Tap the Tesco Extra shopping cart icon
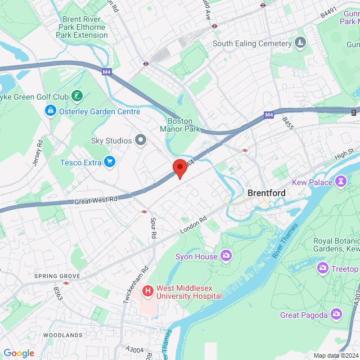(110, 163)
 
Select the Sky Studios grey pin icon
(140, 140)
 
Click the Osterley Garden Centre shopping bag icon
(51, 111)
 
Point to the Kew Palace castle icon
(340, 182)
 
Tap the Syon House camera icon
(226, 256)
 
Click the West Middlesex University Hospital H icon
(148, 291)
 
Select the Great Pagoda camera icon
(336, 313)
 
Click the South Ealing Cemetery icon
(300, 43)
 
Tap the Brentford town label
(267, 193)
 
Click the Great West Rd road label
(96, 200)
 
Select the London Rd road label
(193, 226)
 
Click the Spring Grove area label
(57, 276)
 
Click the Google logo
(19, 353)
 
